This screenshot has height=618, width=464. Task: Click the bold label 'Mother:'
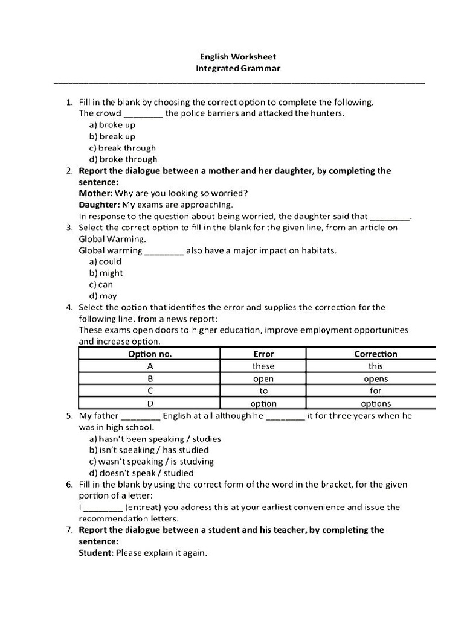[96, 194]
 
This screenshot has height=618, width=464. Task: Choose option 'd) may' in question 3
[103, 296]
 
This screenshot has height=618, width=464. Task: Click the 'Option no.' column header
[150, 354]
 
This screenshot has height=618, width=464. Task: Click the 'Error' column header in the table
[263, 354]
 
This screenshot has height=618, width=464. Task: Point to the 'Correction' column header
[375, 354]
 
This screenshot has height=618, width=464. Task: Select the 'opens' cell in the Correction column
[375, 379]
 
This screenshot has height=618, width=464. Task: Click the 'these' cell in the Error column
[263, 366]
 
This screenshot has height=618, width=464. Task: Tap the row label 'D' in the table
[150, 403]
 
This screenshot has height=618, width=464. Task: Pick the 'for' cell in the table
[375, 391]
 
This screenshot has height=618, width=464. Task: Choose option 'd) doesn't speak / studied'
[141, 473]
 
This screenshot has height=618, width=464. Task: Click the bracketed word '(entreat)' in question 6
[143, 508]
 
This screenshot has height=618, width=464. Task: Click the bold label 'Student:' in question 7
[97, 553]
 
